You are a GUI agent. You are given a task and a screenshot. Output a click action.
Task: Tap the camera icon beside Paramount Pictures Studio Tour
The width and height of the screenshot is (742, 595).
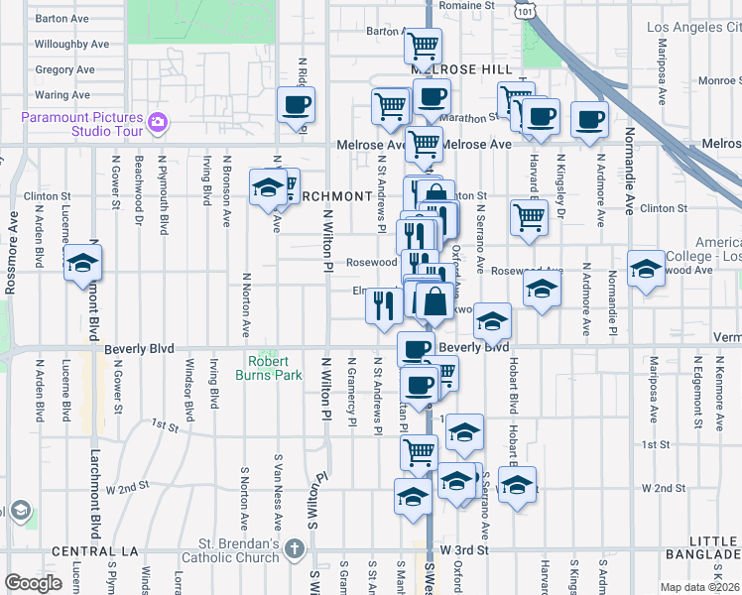(x=156, y=123)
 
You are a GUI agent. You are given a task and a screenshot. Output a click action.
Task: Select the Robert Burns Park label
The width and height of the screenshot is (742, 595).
(x=267, y=368)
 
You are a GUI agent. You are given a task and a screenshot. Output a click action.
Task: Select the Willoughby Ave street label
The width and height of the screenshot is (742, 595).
(x=71, y=45)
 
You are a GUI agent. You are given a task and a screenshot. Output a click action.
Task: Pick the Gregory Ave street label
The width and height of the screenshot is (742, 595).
(x=64, y=70)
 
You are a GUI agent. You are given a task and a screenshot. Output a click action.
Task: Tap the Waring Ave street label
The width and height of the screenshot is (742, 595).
(x=62, y=95)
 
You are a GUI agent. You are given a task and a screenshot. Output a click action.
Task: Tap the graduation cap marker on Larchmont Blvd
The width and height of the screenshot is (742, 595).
(x=82, y=263)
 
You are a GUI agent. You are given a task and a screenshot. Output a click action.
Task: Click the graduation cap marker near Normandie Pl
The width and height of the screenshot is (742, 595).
(x=646, y=268)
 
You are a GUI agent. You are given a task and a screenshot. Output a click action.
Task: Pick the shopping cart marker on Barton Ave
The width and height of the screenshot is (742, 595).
(x=424, y=45)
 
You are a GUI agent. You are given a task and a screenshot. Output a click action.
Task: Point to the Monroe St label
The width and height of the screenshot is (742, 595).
(x=718, y=81)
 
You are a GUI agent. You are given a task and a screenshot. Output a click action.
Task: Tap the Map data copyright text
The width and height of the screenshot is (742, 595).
(x=699, y=587)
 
